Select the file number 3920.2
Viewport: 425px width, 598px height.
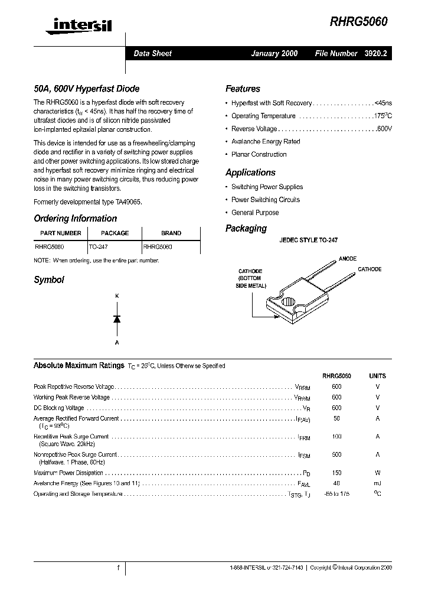[378, 53]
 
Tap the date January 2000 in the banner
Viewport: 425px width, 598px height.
[274, 53]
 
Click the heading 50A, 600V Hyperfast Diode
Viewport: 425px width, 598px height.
[86, 89]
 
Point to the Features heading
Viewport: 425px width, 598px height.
[243, 89]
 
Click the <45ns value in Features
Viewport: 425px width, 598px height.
[384, 103]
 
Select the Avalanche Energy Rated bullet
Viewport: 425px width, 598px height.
[266, 142]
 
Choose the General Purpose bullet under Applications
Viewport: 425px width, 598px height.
[255, 213]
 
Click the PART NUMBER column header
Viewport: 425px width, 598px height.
[61, 233]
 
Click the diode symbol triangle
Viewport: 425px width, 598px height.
[117, 318]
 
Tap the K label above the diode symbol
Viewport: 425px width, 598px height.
[116, 295]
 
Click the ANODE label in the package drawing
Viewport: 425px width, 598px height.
[348, 259]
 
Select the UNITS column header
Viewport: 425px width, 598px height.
[377, 376]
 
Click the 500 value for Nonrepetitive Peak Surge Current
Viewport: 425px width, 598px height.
[336, 455]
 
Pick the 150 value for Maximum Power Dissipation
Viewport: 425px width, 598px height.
[336, 473]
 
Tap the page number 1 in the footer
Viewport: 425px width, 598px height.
[119, 568]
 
